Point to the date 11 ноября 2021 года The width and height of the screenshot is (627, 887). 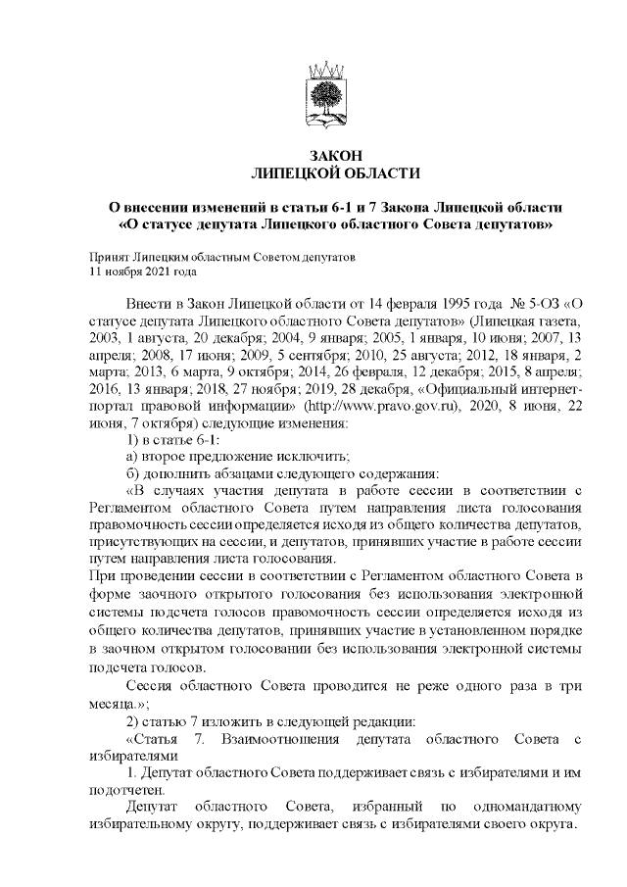(143, 271)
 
